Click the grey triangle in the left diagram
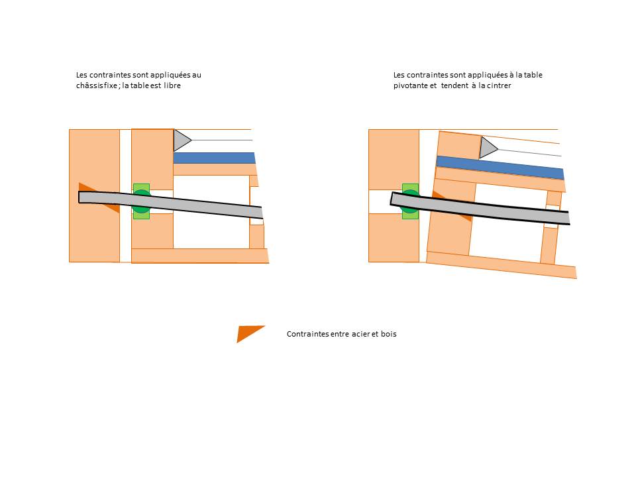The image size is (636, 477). [x=180, y=140]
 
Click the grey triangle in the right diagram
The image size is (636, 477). [x=487, y=147]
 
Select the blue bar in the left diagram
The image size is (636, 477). [x=214, y=158]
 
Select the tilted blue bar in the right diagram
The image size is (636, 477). [x=500, y=167]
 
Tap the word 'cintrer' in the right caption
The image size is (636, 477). [x=498, y=85]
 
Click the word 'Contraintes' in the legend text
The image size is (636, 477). [x=307, y=334]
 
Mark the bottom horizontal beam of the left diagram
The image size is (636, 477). [x=199, y=255]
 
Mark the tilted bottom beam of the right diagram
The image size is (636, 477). [x=501, y=265]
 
